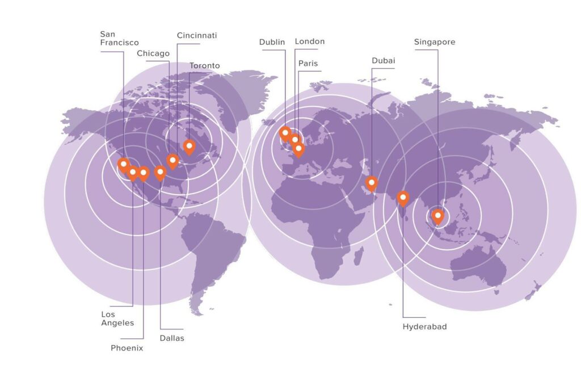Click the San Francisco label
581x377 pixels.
[x=119, y=38]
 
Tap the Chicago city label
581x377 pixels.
[x=153, y=53]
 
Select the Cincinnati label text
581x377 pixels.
[x=197, y=35]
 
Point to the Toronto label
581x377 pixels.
[x=204, y=66]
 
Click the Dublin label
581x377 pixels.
[x=272, y=42]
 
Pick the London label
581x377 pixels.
[x=310, y=41]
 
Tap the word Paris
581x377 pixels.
[x=308, y=63]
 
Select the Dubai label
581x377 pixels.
[x=384, y=61]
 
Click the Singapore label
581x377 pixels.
[x=435, y=42]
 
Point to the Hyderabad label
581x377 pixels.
[x=424, y=326]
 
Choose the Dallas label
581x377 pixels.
[x=172, y=338]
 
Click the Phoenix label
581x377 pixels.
[x=127, y=348]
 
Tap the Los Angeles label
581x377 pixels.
[x=117, y=319]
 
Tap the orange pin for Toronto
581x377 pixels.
[x=189, y=146]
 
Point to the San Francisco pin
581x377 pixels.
[x=123, y=165]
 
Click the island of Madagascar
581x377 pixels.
[x=359, y=255]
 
